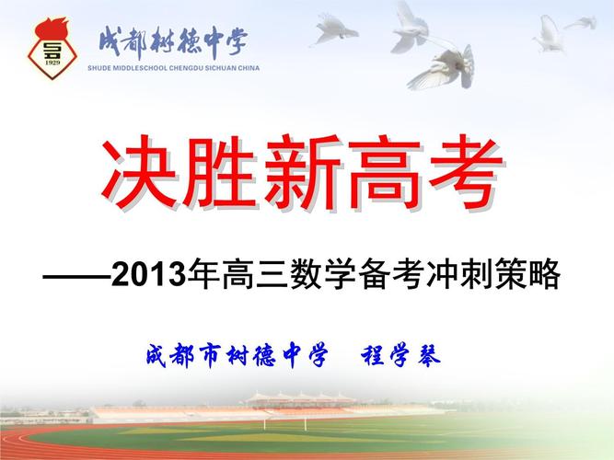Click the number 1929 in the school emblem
52,63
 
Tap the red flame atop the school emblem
52,28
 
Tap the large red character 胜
220,172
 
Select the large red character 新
302,172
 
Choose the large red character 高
384,172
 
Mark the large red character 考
465,172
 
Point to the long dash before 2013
76,276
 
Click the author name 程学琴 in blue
401,355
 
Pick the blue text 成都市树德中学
237,355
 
